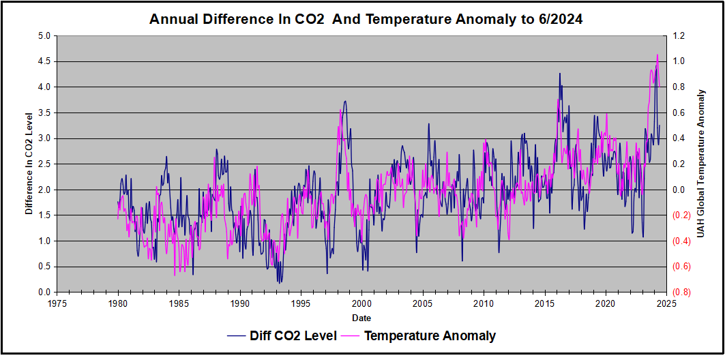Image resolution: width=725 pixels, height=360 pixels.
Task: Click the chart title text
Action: point(366,20)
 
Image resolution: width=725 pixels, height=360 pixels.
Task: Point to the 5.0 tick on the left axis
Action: point(44,36)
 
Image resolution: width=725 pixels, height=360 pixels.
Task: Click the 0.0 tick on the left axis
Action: point(44,292)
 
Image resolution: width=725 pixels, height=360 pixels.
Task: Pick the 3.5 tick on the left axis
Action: point(44,113)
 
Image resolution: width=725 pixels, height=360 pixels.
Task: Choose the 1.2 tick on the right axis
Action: point(680,36)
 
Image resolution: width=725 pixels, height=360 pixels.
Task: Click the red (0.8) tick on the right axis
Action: point(682,292)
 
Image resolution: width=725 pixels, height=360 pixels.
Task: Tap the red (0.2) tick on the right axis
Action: point(682,215)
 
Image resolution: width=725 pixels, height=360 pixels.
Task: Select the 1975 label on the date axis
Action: point(57,304)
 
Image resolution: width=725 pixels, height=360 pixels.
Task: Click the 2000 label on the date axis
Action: point(362,304)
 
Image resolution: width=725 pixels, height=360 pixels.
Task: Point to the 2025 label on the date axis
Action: point(667,304)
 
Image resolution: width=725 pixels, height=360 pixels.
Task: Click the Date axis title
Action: point(361,318)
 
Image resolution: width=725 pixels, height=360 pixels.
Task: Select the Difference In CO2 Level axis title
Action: point(29,164)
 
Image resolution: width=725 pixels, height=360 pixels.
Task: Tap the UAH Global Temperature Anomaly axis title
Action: point(701,164)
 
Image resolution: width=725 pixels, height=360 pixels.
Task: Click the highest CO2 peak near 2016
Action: point(560,74)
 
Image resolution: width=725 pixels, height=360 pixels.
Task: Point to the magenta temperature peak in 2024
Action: point(657,55)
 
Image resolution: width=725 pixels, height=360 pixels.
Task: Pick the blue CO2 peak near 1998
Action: point(345,102)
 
